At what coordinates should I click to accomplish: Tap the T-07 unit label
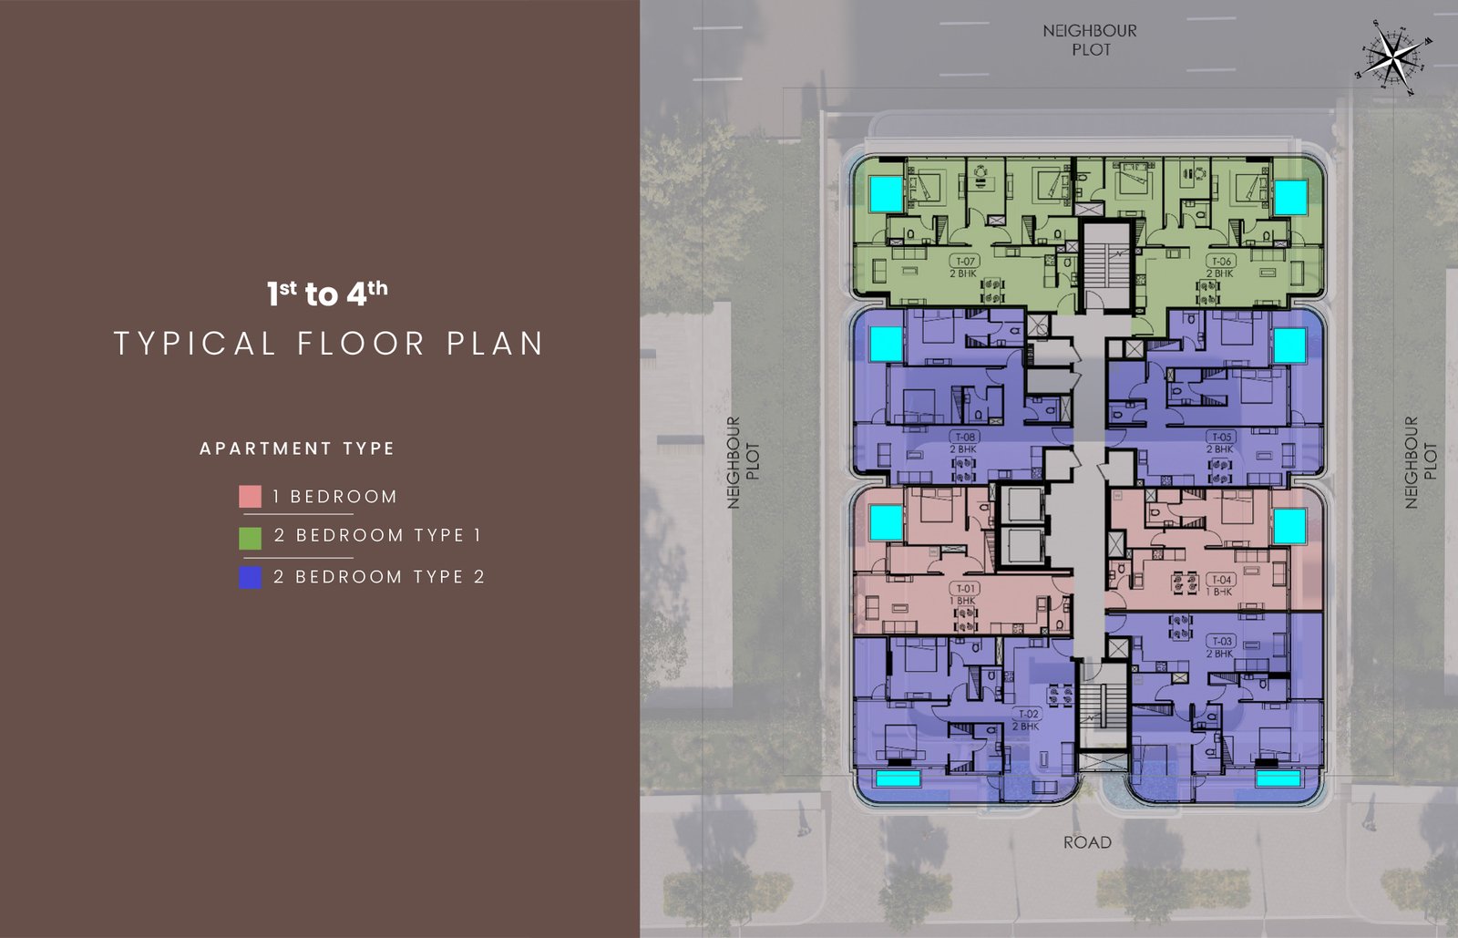click(x=965, y=262)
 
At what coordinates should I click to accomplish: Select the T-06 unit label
click(x=1221, y=262)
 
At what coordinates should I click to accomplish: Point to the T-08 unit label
click(x=965, y=438)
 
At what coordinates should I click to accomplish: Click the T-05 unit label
click(x=1221, y=438)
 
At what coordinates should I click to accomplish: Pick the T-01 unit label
click(x=965, y=589)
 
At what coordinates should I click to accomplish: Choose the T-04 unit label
click(x=1221, y=580)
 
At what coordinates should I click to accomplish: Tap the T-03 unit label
click(x=1221, y=642)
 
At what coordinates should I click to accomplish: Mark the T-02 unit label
click(x=1028, y=715)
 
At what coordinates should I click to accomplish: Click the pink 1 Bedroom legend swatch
click(x=250, y=497)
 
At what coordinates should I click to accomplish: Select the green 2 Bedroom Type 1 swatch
click(x=250, y=538)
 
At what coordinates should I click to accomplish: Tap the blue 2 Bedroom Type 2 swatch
click(x=250, y=578)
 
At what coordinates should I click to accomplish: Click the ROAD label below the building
click(x=1087, y=842)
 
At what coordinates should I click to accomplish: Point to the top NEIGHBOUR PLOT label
click(x=1090, y=40)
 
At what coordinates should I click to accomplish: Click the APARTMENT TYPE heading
click(x=297, y=448)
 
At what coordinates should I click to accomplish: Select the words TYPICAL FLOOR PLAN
click(x=329, y=344)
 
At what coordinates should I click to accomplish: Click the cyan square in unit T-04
click(x=1289, y=526)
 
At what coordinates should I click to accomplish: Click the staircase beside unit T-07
click(x=1104, y=264)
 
